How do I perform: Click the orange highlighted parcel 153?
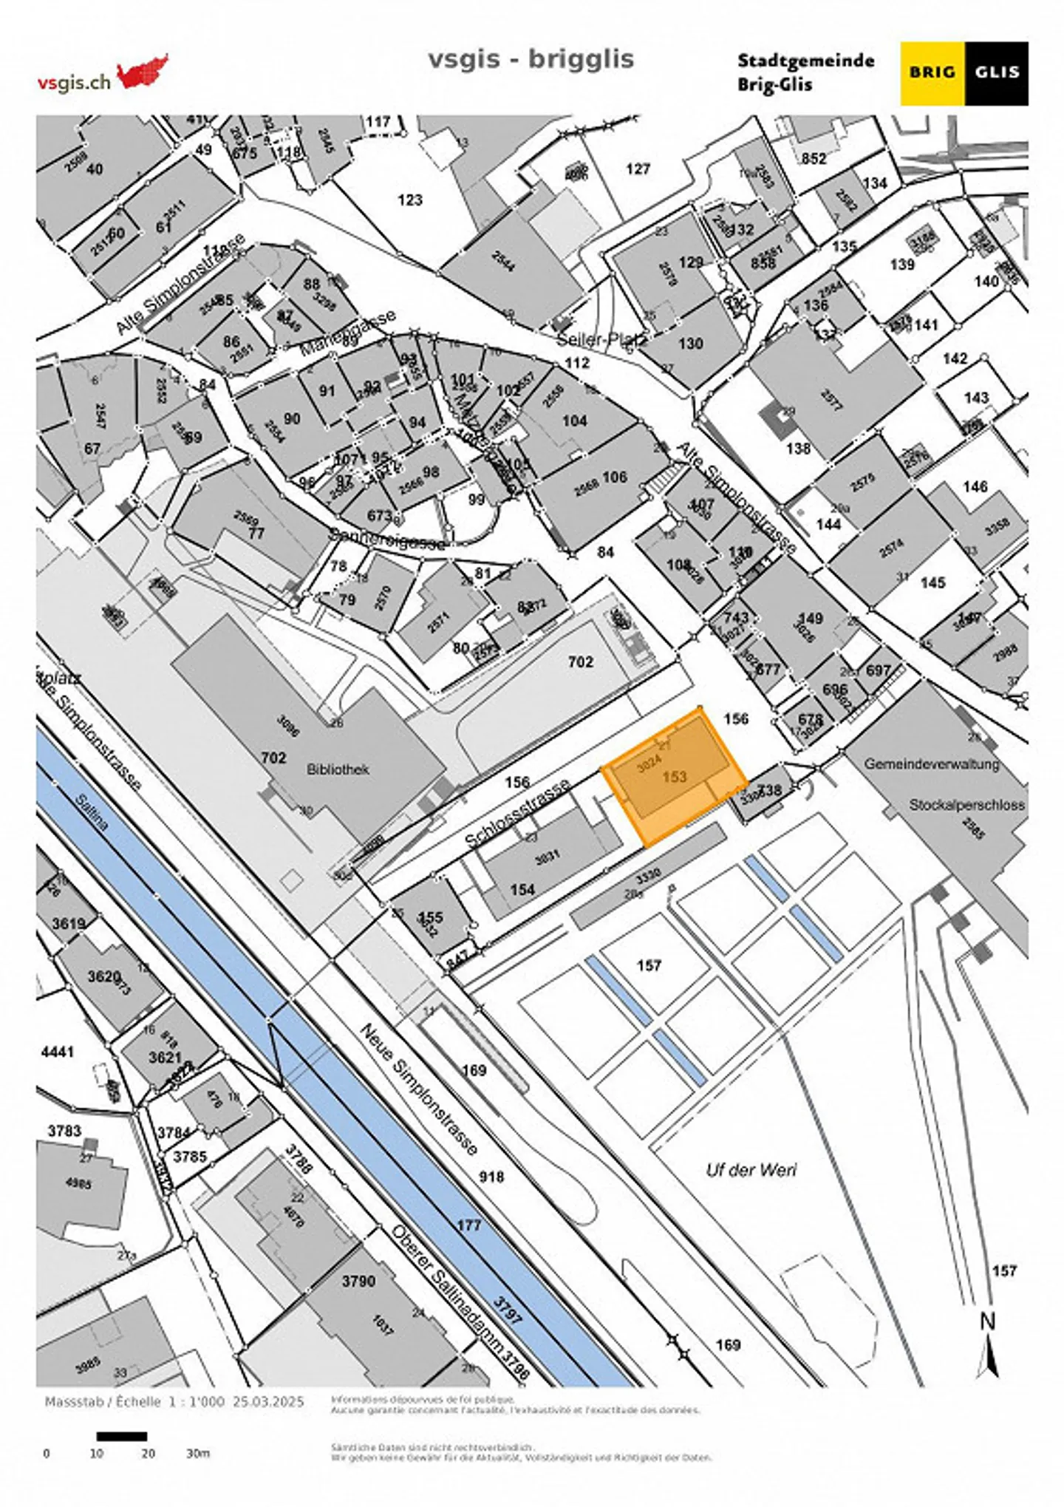[x=674, y=777]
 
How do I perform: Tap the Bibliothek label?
[x=338, y=769]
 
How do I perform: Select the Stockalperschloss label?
[x=966, y=805]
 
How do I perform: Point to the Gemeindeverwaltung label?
[x=931, y=763]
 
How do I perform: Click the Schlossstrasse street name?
[x=517, y=812]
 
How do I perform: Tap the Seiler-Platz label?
[x=601, y=340]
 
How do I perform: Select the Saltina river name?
[x=92, y=811]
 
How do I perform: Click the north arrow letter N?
[x=987, y=1321]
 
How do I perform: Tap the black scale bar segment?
[x=121, y=1436]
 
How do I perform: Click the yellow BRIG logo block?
[x=932, y=72]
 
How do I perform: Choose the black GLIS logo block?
[x=997, y=72]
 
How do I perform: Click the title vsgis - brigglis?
[x=531, y=58]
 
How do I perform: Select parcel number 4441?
[x=58, y=1051]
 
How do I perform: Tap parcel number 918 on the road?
[x=491, y=1177]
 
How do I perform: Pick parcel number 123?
[x=410, y=200]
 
